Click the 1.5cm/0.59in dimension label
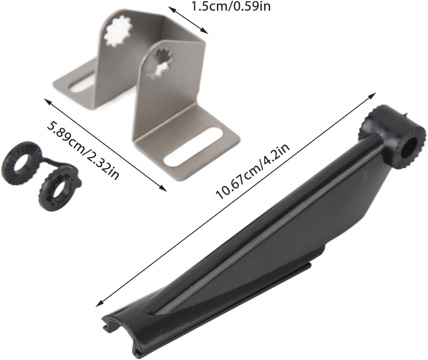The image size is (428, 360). coord(231,7)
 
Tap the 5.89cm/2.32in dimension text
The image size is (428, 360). coord(83,151)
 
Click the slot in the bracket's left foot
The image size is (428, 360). coord(81,87)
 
